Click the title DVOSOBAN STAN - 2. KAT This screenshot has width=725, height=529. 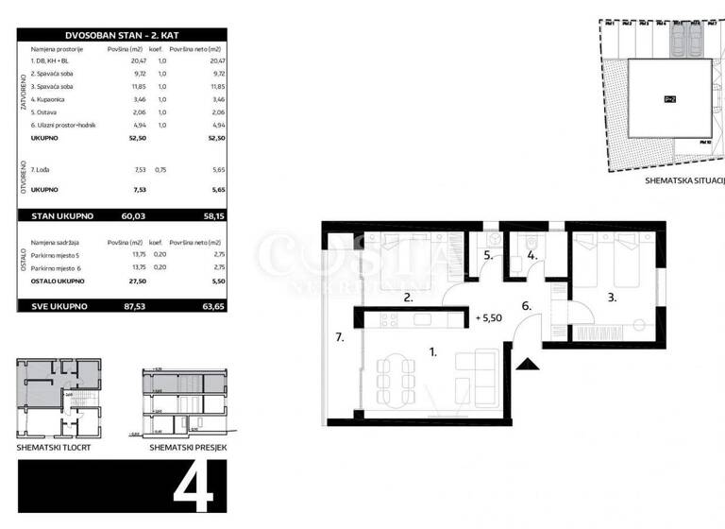(122, 33)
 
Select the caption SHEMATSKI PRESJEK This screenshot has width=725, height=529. (186, 446)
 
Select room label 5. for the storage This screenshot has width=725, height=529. (489, 254)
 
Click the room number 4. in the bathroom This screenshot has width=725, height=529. (531, 254)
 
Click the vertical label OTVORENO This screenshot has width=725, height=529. (22, 179)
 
